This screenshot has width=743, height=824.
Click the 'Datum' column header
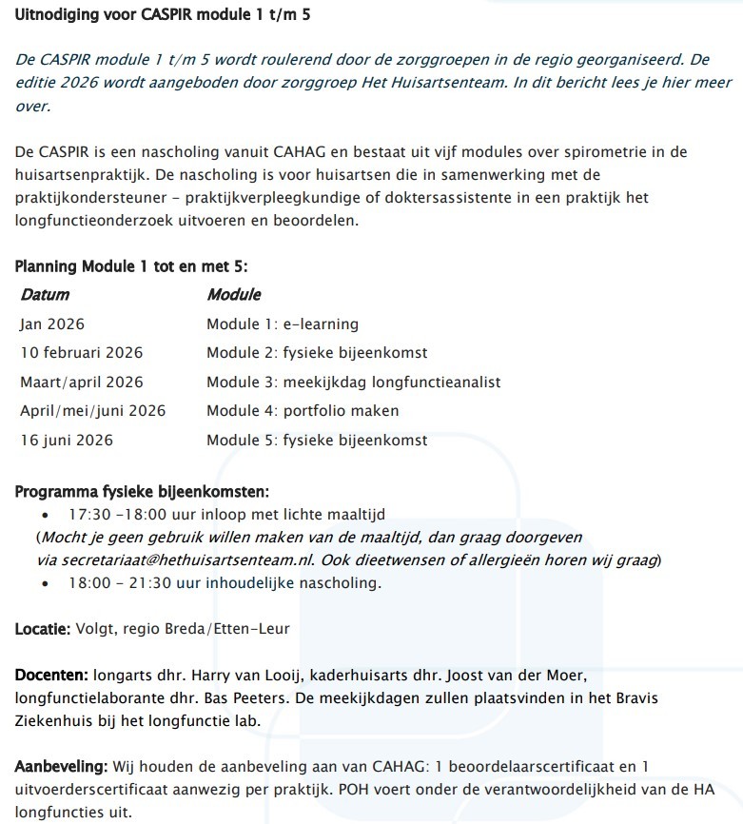[x=45, y=295]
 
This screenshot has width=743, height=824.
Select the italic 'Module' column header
[x=234, y=295]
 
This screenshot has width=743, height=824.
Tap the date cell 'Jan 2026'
[x=52, y=324]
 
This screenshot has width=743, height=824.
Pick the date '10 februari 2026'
[x=82, y=353]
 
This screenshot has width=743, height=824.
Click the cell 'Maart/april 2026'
[x=82, y=383]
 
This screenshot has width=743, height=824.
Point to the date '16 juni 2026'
[x=67, y=441]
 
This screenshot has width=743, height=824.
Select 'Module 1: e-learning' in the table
[x=283, y=324]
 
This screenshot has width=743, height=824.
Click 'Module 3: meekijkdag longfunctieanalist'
[x=353, y=383]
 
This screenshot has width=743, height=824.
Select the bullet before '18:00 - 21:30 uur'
[x=45, y=582]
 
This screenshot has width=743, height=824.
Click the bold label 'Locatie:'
[x=43, y=630]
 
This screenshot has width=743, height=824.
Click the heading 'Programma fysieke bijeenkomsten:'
[x=143, y=492]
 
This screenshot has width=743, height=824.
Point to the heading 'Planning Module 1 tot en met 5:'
[x=131, y=266]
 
